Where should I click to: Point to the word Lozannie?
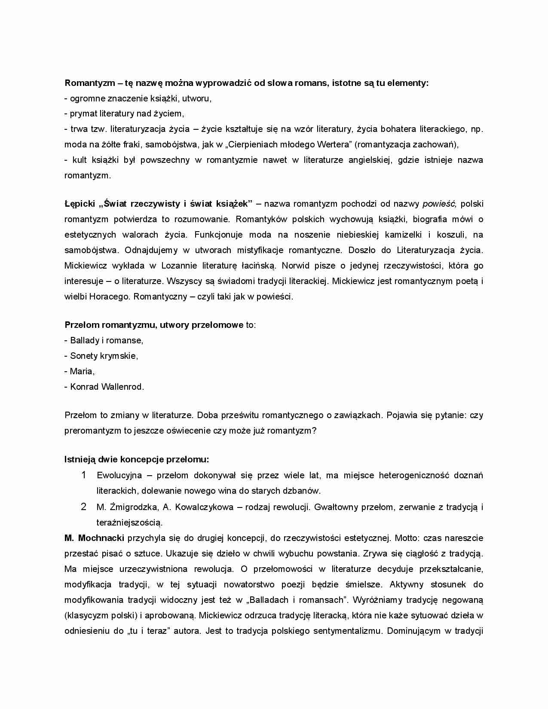pyautogui.click(x=180, y=266)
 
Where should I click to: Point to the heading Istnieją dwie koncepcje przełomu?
pyautogui.click(x=137, y=459)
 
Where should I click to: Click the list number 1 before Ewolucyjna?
pyautogui.click(x=84, y=475)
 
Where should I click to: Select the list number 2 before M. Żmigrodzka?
pyautogui.click(x=84, y=507)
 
